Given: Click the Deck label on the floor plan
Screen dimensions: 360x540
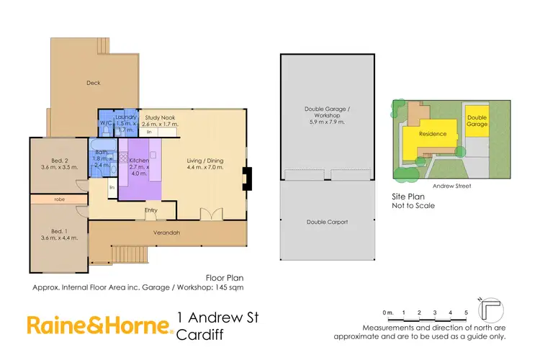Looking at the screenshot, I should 93,83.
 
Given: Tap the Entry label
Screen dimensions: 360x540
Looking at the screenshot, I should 150,210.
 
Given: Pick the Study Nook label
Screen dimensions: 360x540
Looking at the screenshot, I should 160,117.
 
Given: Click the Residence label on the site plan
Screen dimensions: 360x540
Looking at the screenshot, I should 433,134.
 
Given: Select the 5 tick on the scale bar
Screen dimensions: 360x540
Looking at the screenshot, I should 467,312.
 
